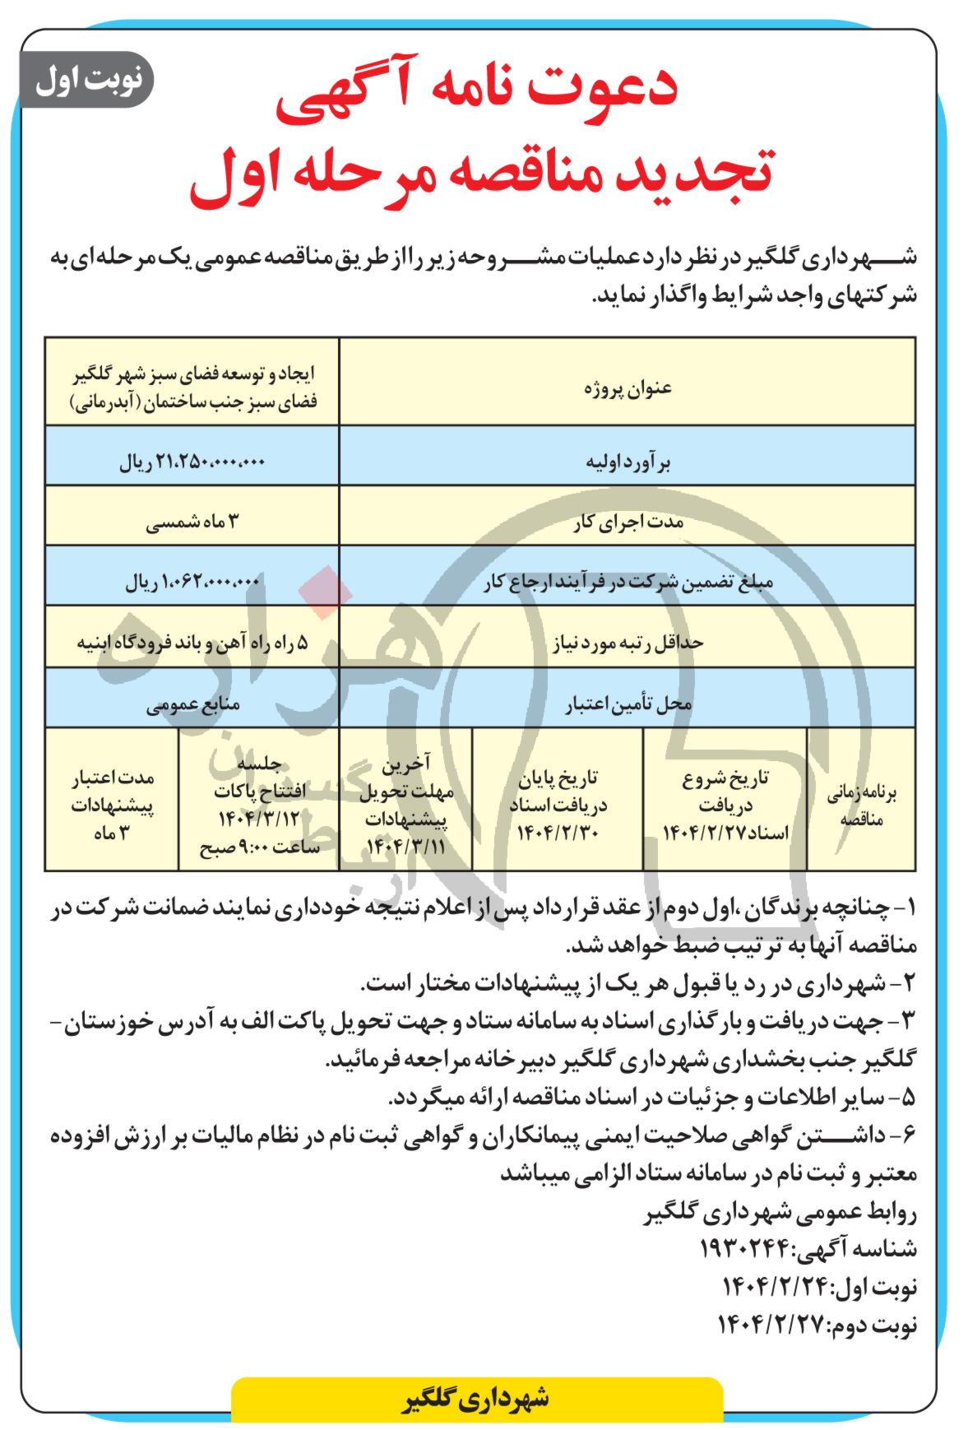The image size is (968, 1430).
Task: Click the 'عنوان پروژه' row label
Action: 627,387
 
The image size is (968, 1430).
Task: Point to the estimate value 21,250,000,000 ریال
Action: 192,462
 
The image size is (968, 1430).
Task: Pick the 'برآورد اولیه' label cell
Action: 627,462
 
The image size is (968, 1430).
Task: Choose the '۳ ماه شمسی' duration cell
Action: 192,522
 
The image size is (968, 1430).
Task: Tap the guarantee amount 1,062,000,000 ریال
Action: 192,583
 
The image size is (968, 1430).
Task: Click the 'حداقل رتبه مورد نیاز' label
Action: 627,643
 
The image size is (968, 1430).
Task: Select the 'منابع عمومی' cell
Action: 192,704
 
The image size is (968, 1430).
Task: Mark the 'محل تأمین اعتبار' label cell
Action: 627,704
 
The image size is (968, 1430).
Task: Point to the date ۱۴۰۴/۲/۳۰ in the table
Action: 558,832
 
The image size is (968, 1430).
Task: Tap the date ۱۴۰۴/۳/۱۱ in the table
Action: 405,845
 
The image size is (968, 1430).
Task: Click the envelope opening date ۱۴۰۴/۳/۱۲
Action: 258,818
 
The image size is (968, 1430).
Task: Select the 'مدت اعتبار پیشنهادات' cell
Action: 112,805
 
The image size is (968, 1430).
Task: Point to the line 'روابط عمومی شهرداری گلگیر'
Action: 780,1212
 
